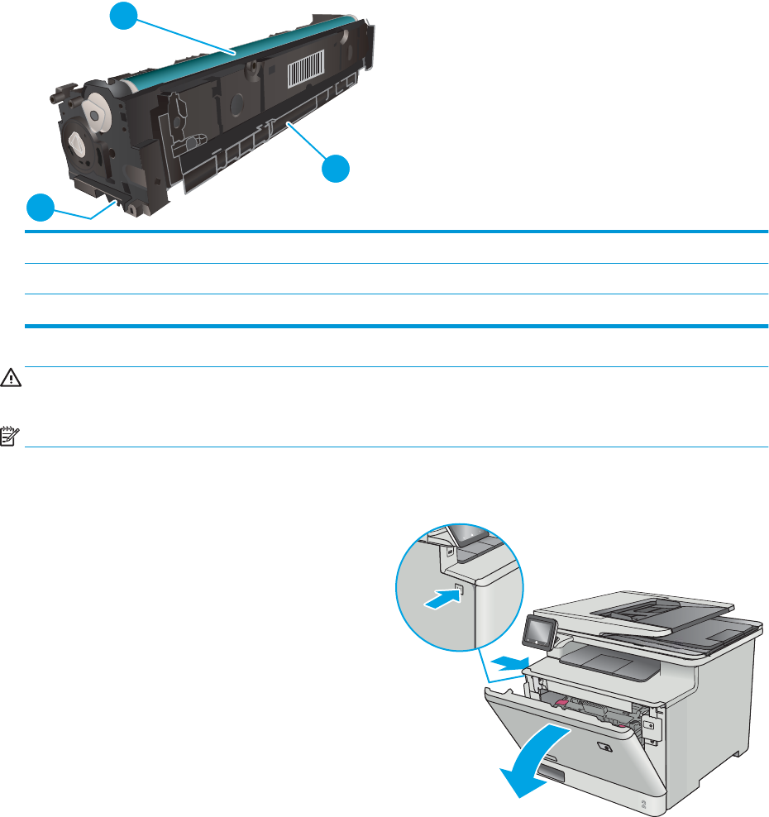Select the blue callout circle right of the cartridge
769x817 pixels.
[x=335, y=170]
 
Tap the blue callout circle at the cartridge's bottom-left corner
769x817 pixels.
[x=40, y=207]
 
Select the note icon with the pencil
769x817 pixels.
[x=9, y=434]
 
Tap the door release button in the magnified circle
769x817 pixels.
[x=460, y=591]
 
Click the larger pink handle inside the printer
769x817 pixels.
[x=558, y=703]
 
